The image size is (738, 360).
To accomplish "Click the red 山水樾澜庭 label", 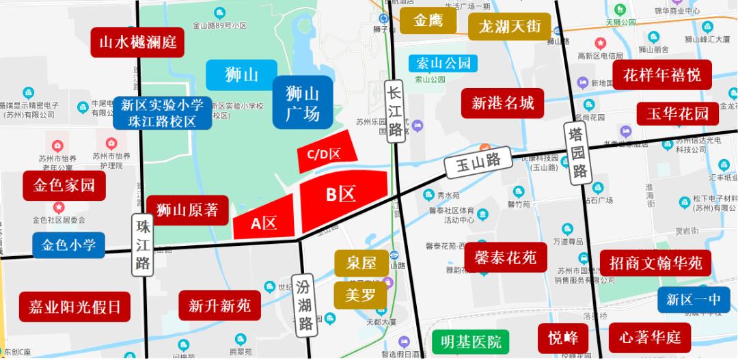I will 138,42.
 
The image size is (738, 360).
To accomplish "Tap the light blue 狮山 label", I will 242,74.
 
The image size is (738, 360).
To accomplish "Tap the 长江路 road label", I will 394,111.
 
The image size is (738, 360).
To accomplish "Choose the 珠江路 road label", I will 143,245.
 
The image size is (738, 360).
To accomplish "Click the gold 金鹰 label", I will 428,21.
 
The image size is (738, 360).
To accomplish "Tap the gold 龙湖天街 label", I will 510,27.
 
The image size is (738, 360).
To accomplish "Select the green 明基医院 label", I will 471,341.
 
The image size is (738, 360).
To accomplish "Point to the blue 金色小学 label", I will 69,245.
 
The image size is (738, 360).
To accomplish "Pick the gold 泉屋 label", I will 361,263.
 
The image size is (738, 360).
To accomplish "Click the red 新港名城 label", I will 503,103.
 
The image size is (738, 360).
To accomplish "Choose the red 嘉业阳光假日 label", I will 74,306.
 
